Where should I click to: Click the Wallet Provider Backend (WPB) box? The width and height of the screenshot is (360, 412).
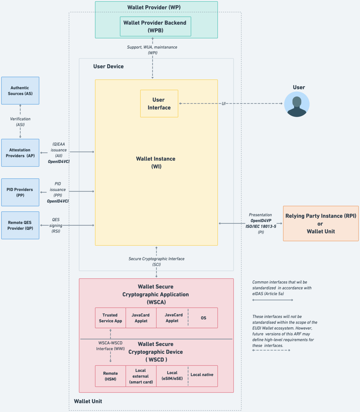(155, 26)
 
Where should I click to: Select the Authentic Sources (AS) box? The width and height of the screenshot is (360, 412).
(20, 91)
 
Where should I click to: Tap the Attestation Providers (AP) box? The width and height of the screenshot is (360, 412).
(20, 153)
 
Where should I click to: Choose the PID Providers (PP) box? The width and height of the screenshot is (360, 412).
(20, 192)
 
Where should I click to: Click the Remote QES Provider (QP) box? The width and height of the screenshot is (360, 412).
(20, 225)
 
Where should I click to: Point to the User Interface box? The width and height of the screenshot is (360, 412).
(159, 104)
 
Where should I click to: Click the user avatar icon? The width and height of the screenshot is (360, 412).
(297, 104)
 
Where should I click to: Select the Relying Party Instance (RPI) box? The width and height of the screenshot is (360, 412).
(321, 223)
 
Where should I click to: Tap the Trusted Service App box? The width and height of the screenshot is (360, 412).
(110, 318)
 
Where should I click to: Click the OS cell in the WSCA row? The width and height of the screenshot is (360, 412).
(203, 318)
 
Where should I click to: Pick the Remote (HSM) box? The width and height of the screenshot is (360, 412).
(110, 376)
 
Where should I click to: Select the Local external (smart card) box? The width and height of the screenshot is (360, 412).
(141, 376)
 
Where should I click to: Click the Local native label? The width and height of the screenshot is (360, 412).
(202, 375)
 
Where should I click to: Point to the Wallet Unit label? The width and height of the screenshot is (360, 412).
(88, 401)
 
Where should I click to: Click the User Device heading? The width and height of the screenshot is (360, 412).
(108, 66)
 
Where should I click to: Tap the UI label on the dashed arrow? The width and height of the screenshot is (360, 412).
(224, 104)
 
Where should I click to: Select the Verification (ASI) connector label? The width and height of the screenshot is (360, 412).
(20, 122)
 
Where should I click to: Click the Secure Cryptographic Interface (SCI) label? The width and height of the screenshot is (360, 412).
(156, 262)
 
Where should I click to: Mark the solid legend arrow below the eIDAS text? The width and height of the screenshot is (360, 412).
(273, 300)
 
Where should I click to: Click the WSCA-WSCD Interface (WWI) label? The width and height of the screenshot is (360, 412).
(110, 346)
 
